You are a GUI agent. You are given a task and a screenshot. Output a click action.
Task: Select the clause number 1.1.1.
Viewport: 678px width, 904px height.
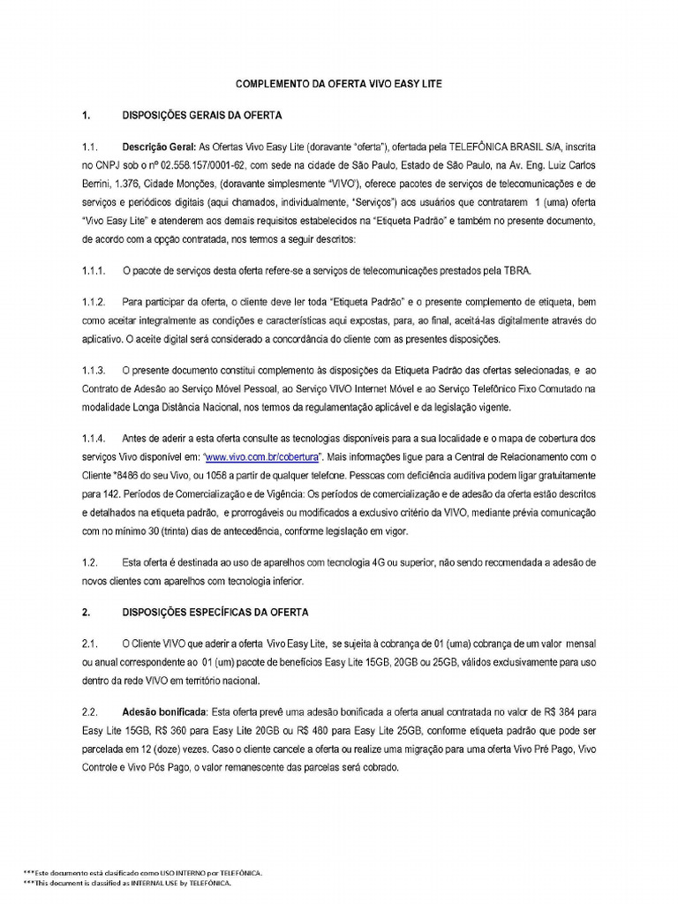pyautogui.click(x=94, y=270)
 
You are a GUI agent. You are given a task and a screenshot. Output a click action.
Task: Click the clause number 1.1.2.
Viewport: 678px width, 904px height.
pyautogui.click(x=94, y=302)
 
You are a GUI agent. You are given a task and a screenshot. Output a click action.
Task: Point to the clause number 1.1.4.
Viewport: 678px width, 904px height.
pyautogui.click(x=94, y=439)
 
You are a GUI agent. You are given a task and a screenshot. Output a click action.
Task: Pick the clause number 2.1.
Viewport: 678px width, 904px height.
pyautogui.click(x=88, y=644)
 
